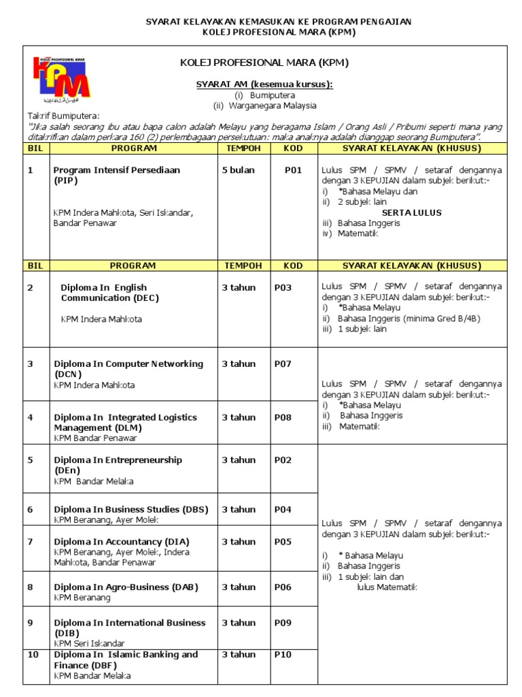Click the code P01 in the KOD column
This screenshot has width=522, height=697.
293,170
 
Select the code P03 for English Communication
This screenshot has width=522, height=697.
283,288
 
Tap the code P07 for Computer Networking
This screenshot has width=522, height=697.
283,363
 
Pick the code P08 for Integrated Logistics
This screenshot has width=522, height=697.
283,417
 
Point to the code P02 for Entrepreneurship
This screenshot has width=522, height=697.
283,460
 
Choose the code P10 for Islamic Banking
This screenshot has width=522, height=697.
283,655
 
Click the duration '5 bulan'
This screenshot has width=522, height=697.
238,170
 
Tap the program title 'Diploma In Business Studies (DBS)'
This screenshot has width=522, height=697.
131,509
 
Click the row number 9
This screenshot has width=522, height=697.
30,623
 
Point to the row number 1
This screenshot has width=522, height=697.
30,170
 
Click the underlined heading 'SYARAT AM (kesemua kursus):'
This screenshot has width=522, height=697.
264,84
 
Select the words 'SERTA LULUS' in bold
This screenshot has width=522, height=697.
411,212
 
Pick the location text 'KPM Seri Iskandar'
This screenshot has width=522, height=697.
89,643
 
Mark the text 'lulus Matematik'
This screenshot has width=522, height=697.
387,587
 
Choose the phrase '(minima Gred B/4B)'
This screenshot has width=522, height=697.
442,318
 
